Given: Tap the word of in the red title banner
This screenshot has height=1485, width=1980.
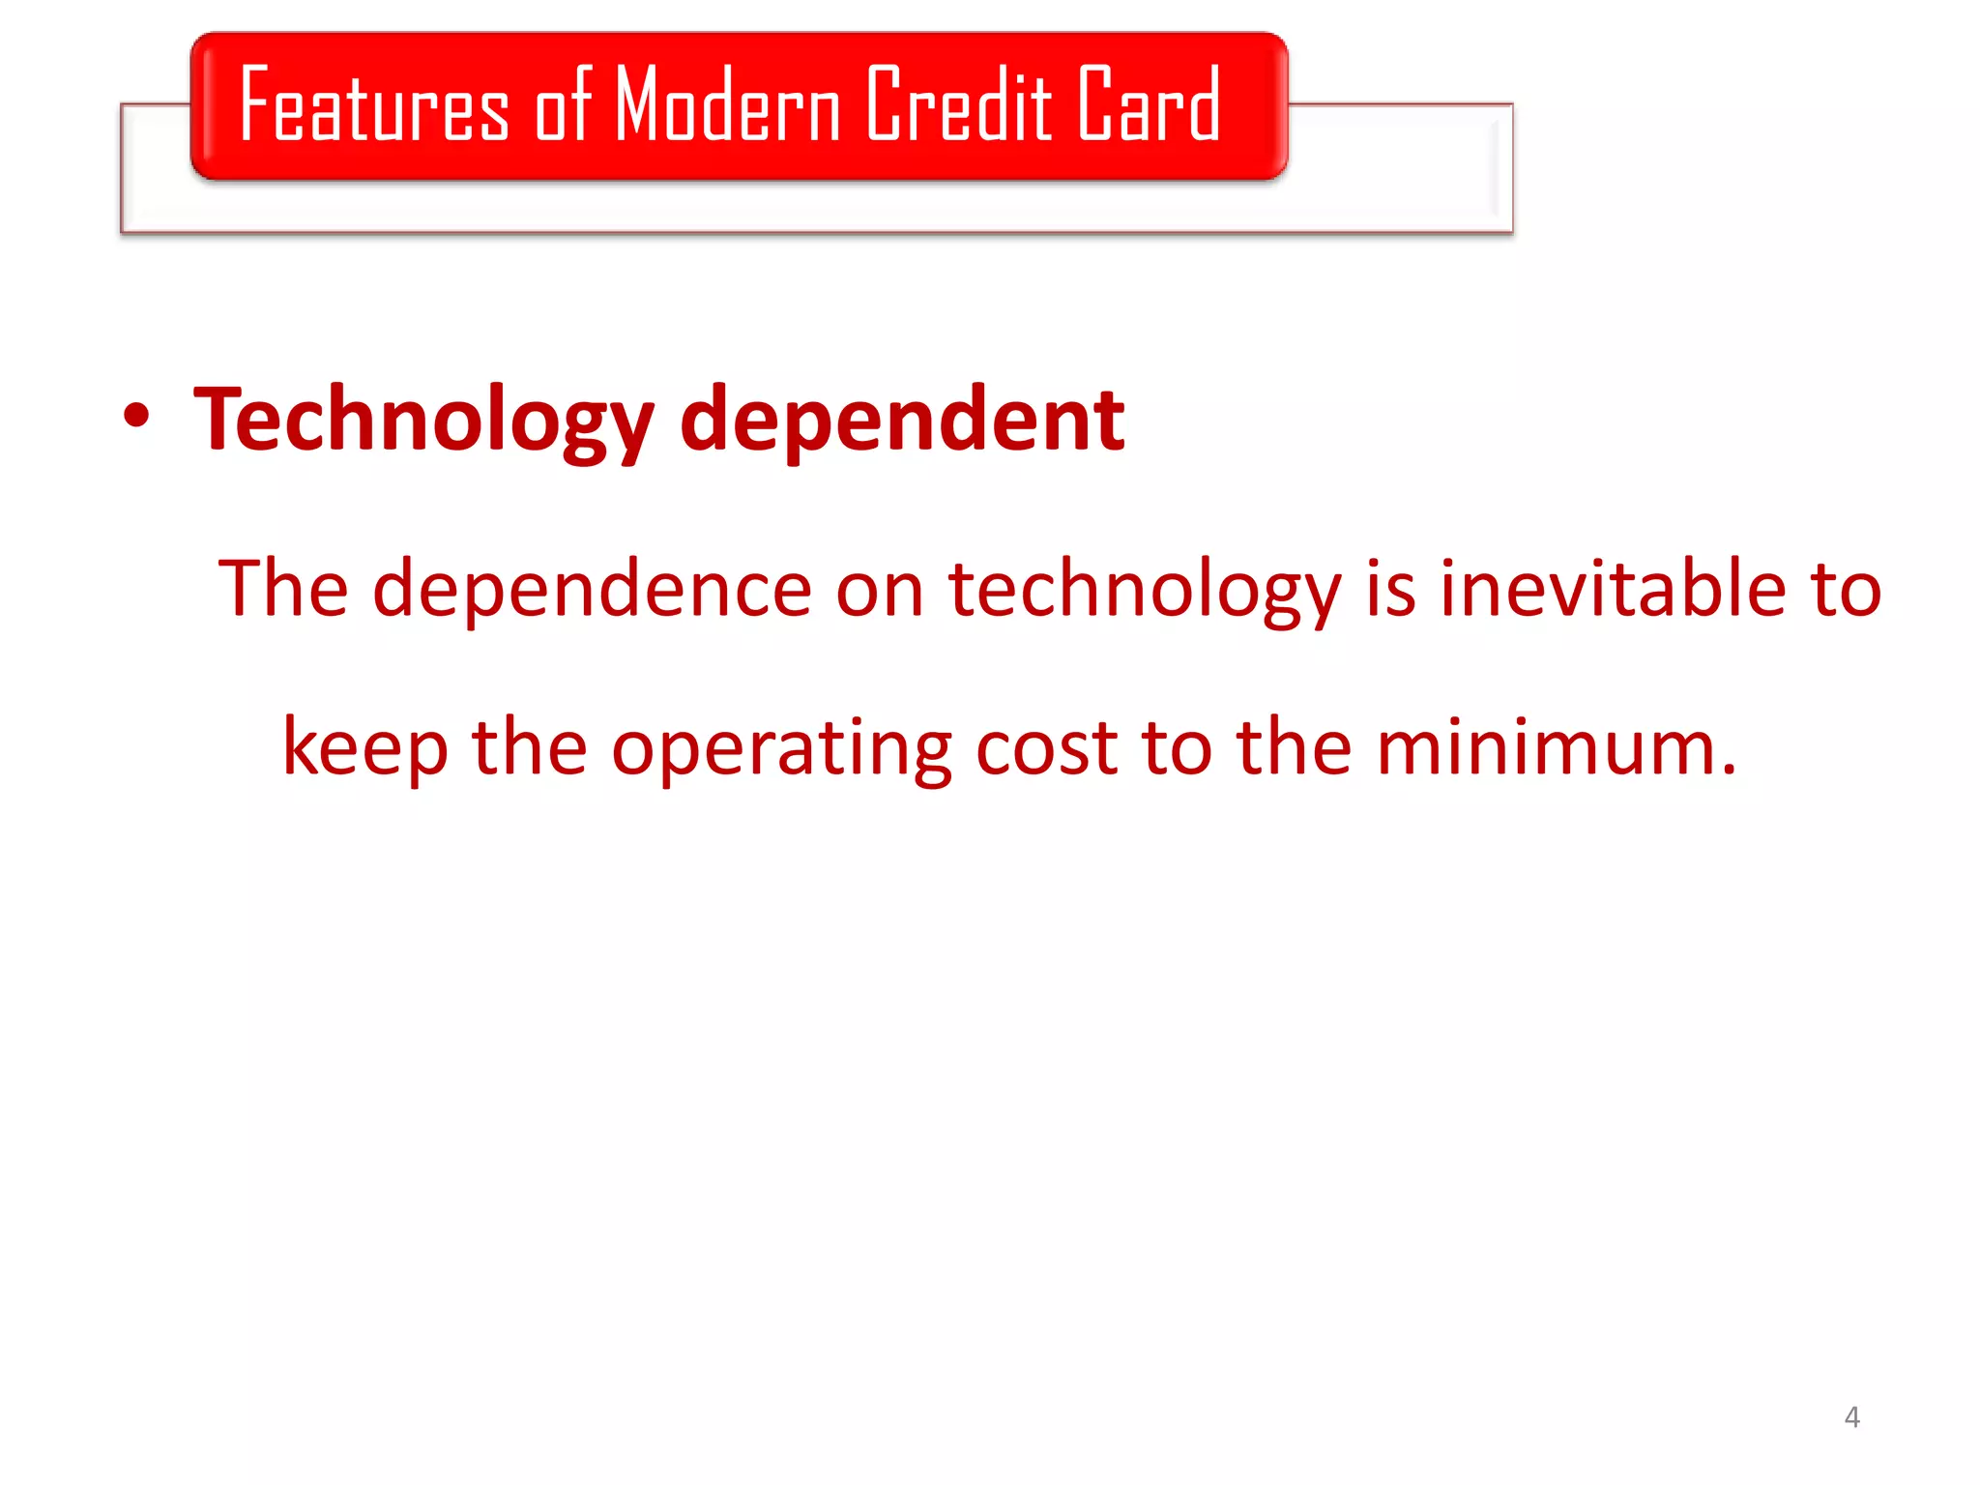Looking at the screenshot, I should (x=563, y=104).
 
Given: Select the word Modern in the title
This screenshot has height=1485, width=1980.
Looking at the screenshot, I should (x=727, y=104).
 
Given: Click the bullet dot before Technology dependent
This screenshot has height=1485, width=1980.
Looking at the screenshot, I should (x=137, y=417).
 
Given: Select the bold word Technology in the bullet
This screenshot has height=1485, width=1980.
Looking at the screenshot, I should (x=423, y=421).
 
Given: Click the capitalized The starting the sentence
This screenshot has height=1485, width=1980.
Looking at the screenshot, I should (x=282, y=588).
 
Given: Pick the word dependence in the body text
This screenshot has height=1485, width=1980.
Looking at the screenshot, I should (x=592, y=590).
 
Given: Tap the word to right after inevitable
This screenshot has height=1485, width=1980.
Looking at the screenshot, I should (x=1847, y=590).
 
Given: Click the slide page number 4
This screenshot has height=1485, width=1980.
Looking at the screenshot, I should (x=1851, y=1417).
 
